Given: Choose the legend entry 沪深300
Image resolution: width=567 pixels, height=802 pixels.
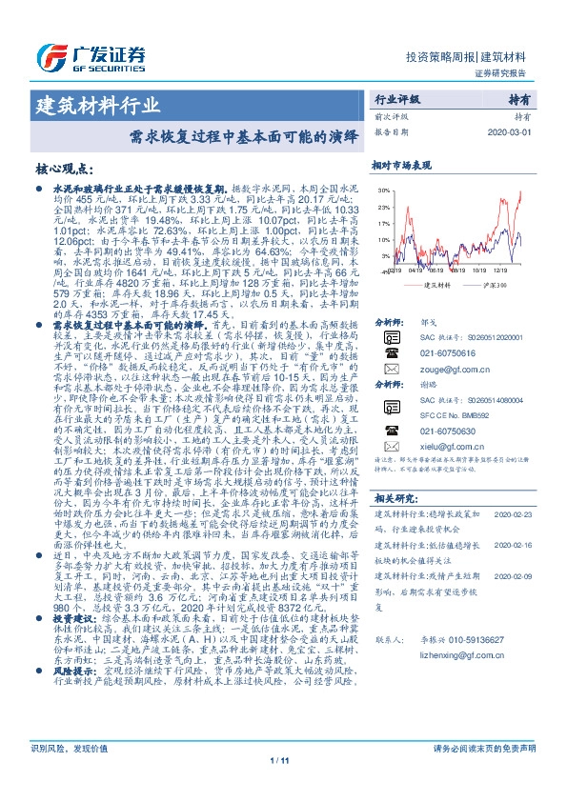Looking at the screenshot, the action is (496, 284).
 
